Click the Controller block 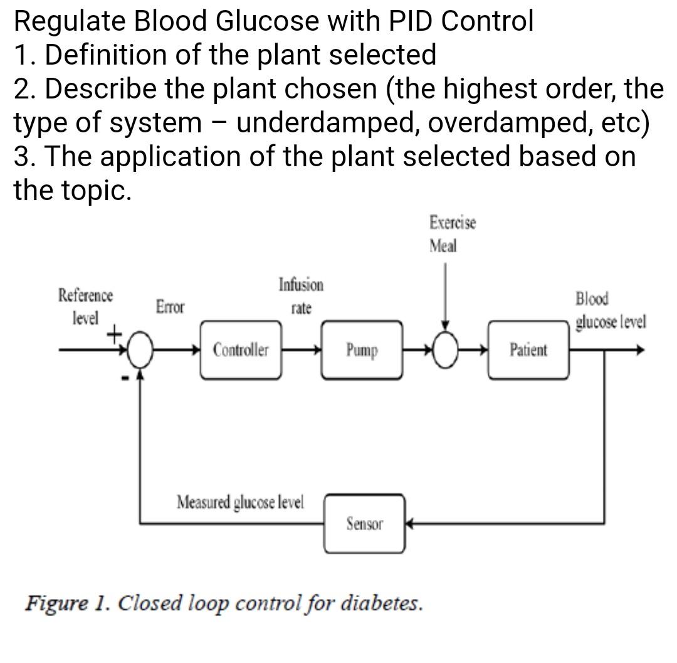tap(241, 350)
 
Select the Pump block tap(362, 350)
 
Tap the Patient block tap(528, 350)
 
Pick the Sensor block tap(364, 524)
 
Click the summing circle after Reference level tap(140, 350)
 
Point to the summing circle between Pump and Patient tap(445, 350)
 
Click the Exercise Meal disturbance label tap(452, 234)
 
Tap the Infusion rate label tap(301, 296)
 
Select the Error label tap(170, 307)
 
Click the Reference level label tap(86, 306)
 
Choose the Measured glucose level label tap(240, 502)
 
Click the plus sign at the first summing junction tap(114, 334)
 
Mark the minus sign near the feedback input tap(125, 378)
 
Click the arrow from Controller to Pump tap(302, 350)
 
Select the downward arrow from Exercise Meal tap(445, 295)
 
